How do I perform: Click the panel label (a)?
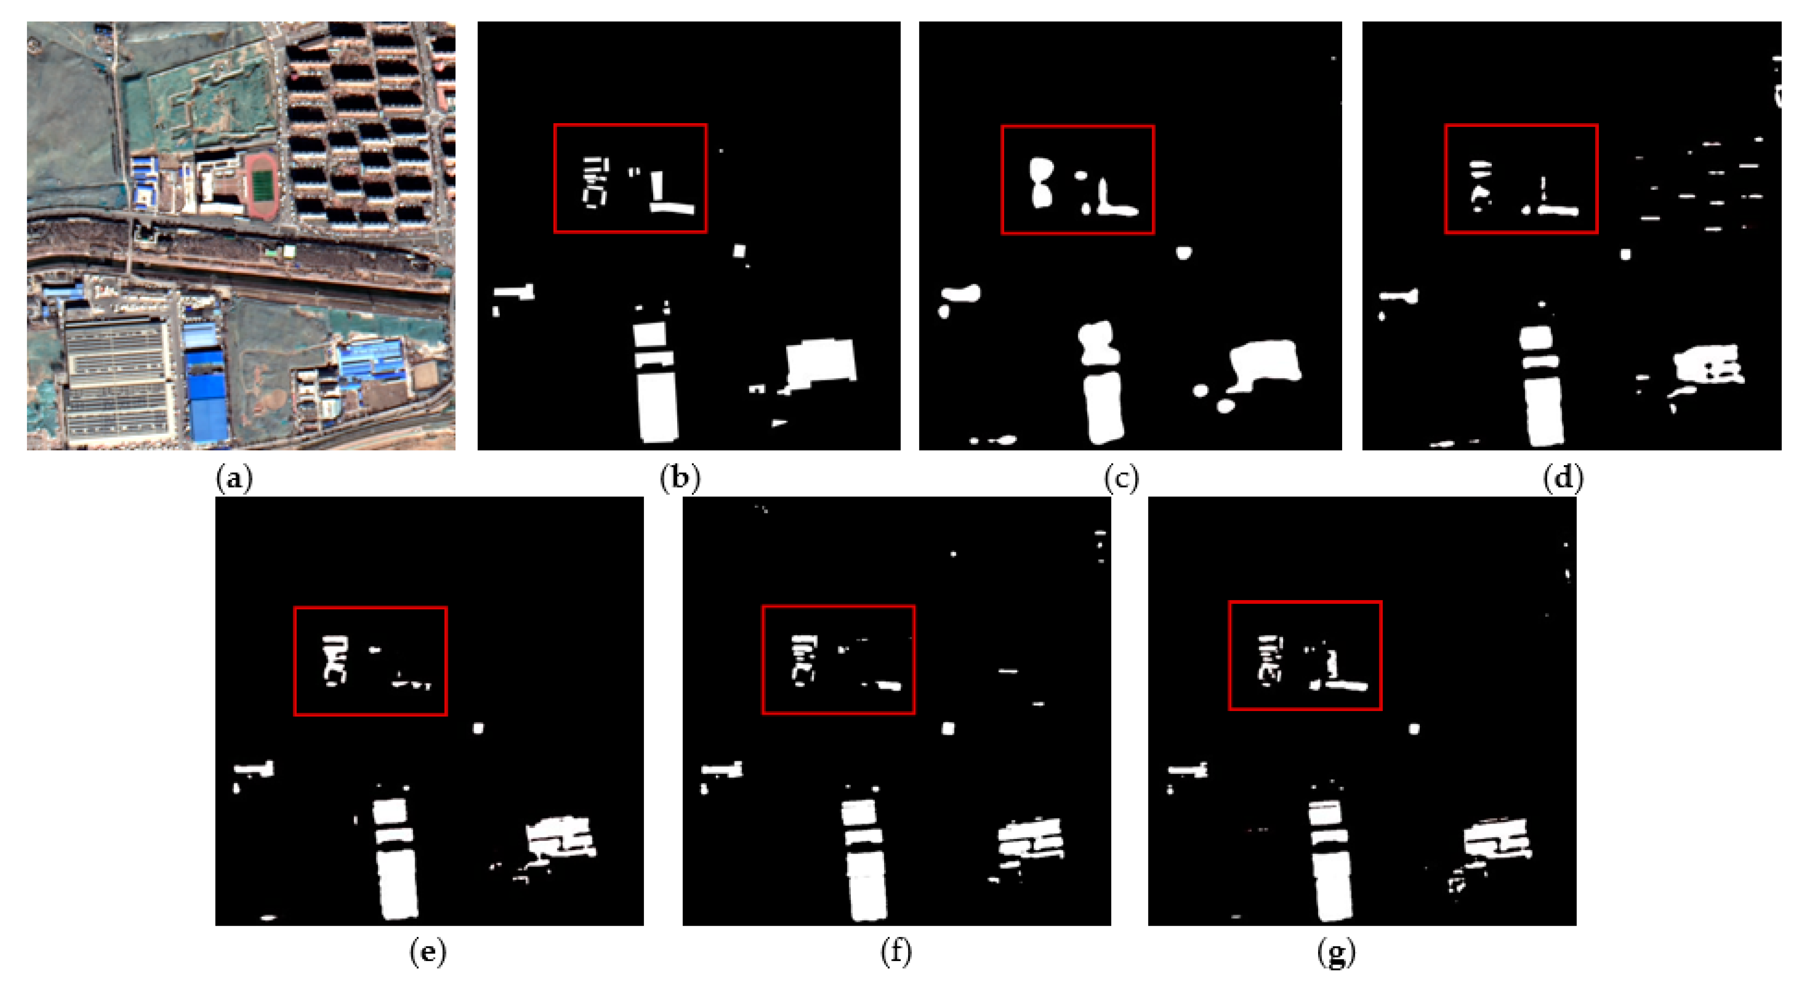coord(235,479)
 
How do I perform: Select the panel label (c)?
coord(1121,479)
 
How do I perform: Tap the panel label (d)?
coord(1563,479)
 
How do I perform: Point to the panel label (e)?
coord(427,953)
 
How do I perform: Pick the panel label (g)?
coord(1336,953)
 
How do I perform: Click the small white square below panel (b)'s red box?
coord(740,251)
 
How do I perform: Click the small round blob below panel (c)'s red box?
coord(1184,252)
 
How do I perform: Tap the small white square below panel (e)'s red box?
coord(478,729)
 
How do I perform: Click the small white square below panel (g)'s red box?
coord(1414,729)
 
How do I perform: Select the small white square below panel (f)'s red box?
coord(948,729)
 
